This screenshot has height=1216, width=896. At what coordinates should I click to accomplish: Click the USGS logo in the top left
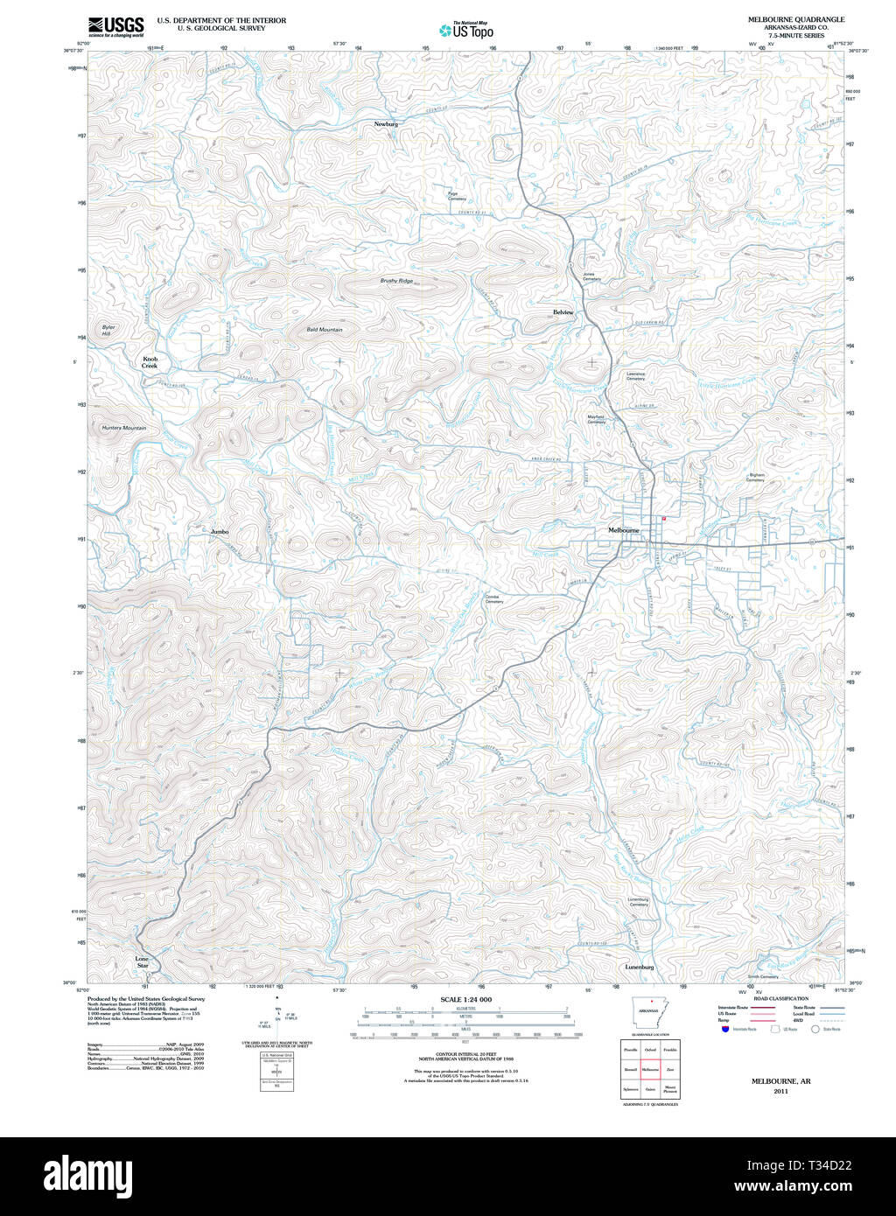(x=115, y=26)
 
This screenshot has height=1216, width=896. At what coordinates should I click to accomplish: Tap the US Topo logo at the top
(x=466, y=31)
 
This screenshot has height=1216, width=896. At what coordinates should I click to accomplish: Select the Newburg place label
(x=386, y=124)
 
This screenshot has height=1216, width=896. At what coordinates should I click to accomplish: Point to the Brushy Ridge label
(x=396, y=281)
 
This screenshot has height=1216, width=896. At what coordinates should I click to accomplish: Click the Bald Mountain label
(x=325, y=330)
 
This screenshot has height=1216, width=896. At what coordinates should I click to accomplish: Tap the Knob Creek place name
(x=150, y=362)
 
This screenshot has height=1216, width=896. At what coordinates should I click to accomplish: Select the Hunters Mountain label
(x=123, y=428)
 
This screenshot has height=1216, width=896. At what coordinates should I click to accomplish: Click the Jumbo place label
(x=219, y=531)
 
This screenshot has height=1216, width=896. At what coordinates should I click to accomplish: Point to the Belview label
(x=563, y=312)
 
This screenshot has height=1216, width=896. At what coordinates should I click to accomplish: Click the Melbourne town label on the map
(x=624, y=530)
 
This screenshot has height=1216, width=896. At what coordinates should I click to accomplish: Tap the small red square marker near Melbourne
(x=664, y=519)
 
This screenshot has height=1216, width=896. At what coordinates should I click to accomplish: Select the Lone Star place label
(x=142, y=962)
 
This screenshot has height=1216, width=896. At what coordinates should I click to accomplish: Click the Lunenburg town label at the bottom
(x=640, y=967)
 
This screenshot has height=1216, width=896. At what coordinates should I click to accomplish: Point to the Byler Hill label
(x=108, y=331)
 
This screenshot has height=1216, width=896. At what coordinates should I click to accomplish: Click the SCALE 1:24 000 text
(x=465, y=999)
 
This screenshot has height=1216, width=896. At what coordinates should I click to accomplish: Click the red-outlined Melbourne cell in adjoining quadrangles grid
(x=649, y=1069)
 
